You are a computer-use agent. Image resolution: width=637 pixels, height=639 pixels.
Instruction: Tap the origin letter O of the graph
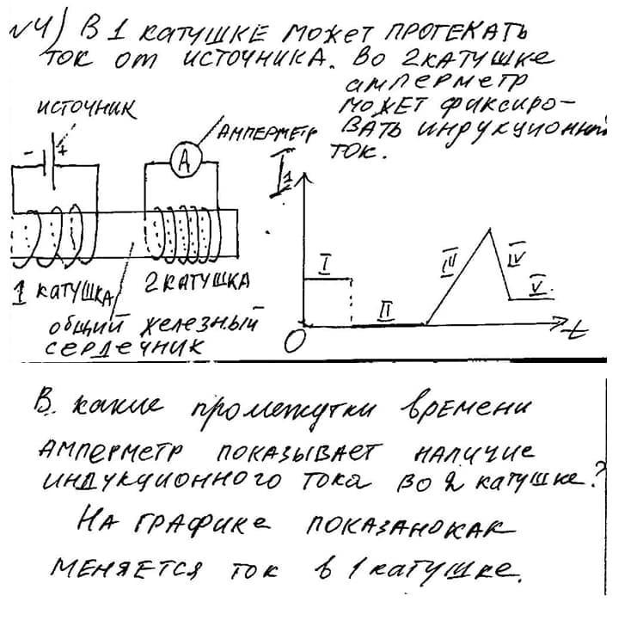pyautogui.click(x=291, y=341)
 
